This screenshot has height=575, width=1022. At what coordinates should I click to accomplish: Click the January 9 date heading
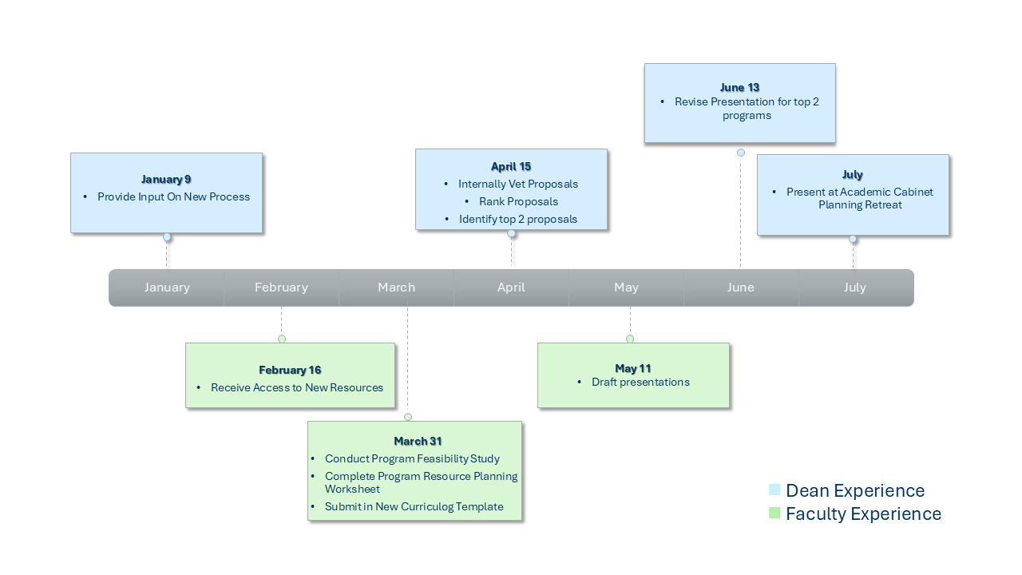pyautogui.click(x=166, y=179)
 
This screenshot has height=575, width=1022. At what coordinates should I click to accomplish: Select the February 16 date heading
pyautogui.click(x=290, y=370)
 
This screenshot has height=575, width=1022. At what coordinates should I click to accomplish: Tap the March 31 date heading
pyautogui.click(x=417, y=441)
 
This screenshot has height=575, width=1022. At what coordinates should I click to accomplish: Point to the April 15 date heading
pyautogui.click(x=511, y=166)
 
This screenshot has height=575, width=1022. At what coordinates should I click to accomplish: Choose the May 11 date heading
pyautogui.click(x=633, y=368)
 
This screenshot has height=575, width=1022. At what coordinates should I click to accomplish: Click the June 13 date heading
pyautogui.click(x=739, y=87)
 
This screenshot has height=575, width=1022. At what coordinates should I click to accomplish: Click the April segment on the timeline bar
pyautogui.click(x=511, y=287)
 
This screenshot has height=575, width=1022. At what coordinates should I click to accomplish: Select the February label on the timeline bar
pyautogui.click(x=281, y=287)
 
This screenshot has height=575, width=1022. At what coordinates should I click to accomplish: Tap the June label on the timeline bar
pyautogui.click(x=740, y=287)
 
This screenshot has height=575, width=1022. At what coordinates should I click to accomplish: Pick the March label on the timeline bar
pyautogui.click(x=396, y=287)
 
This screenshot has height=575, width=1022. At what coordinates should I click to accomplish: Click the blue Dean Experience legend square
pyautogui.click(x=774, y=490)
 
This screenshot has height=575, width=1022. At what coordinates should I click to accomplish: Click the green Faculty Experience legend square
pyautogui.click(x=774, y=514)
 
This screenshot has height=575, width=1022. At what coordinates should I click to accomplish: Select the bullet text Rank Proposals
pyautogui.click(x=518, y=201)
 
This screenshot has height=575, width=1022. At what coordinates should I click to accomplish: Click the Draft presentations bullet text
pyautogui.click(x=640, y=382)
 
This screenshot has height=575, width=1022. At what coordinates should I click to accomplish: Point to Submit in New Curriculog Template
pyautogui.click(x=414, y=506)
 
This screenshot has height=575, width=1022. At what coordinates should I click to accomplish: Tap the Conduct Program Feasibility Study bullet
pyautogui.click(x=412, y=458)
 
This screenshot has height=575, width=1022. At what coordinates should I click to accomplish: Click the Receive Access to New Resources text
pyautogui.click(x=297, y=387)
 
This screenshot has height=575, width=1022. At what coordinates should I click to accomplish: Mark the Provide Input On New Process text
pyautogui.click(x=173, y=196)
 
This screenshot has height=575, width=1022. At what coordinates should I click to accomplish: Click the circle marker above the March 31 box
pyautogui.click(x=408, y=417)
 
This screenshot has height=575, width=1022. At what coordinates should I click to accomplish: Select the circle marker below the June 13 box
pyautogui.click(x=741, y=153)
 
